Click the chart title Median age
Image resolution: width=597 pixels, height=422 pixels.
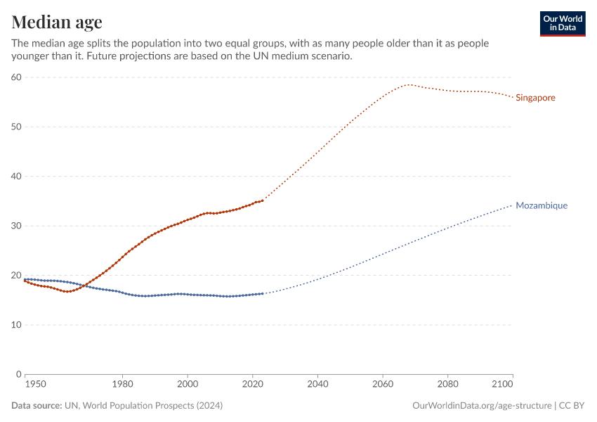tap(57, 22)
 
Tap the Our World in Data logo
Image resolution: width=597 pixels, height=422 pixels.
tap(563, 23)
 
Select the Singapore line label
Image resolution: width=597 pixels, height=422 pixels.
tap(535, 98)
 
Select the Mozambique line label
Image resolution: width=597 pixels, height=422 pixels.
tap(541, 205)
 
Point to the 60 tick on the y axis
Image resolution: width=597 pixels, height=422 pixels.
tap(16, 77)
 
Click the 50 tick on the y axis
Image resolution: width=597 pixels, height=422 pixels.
tap(16, 127)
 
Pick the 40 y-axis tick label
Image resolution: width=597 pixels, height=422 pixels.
tap(16, 177)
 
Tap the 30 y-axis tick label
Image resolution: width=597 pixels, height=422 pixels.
tap(16, 226)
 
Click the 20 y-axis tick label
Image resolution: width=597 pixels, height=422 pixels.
tap(16, 276)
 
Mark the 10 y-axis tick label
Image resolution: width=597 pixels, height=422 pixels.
tap(16, 325)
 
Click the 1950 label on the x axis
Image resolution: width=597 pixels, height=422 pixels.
tap(35, 385)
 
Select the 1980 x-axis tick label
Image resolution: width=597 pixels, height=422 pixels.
tap(122, 385)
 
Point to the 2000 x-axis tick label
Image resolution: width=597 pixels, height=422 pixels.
tap(188, 385)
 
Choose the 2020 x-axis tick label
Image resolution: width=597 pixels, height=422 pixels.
tap(252, 385)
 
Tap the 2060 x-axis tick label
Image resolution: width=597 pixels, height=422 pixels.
tap(383, 385)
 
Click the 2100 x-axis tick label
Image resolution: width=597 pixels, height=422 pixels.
tap(503, 385)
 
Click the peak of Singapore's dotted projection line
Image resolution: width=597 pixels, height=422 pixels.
tap(409, 85)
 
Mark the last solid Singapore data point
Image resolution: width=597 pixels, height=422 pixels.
tap(262, 200)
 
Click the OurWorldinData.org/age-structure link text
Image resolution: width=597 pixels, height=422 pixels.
tap(482, 406)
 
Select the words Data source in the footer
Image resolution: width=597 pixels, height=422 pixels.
tap(36, 406)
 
